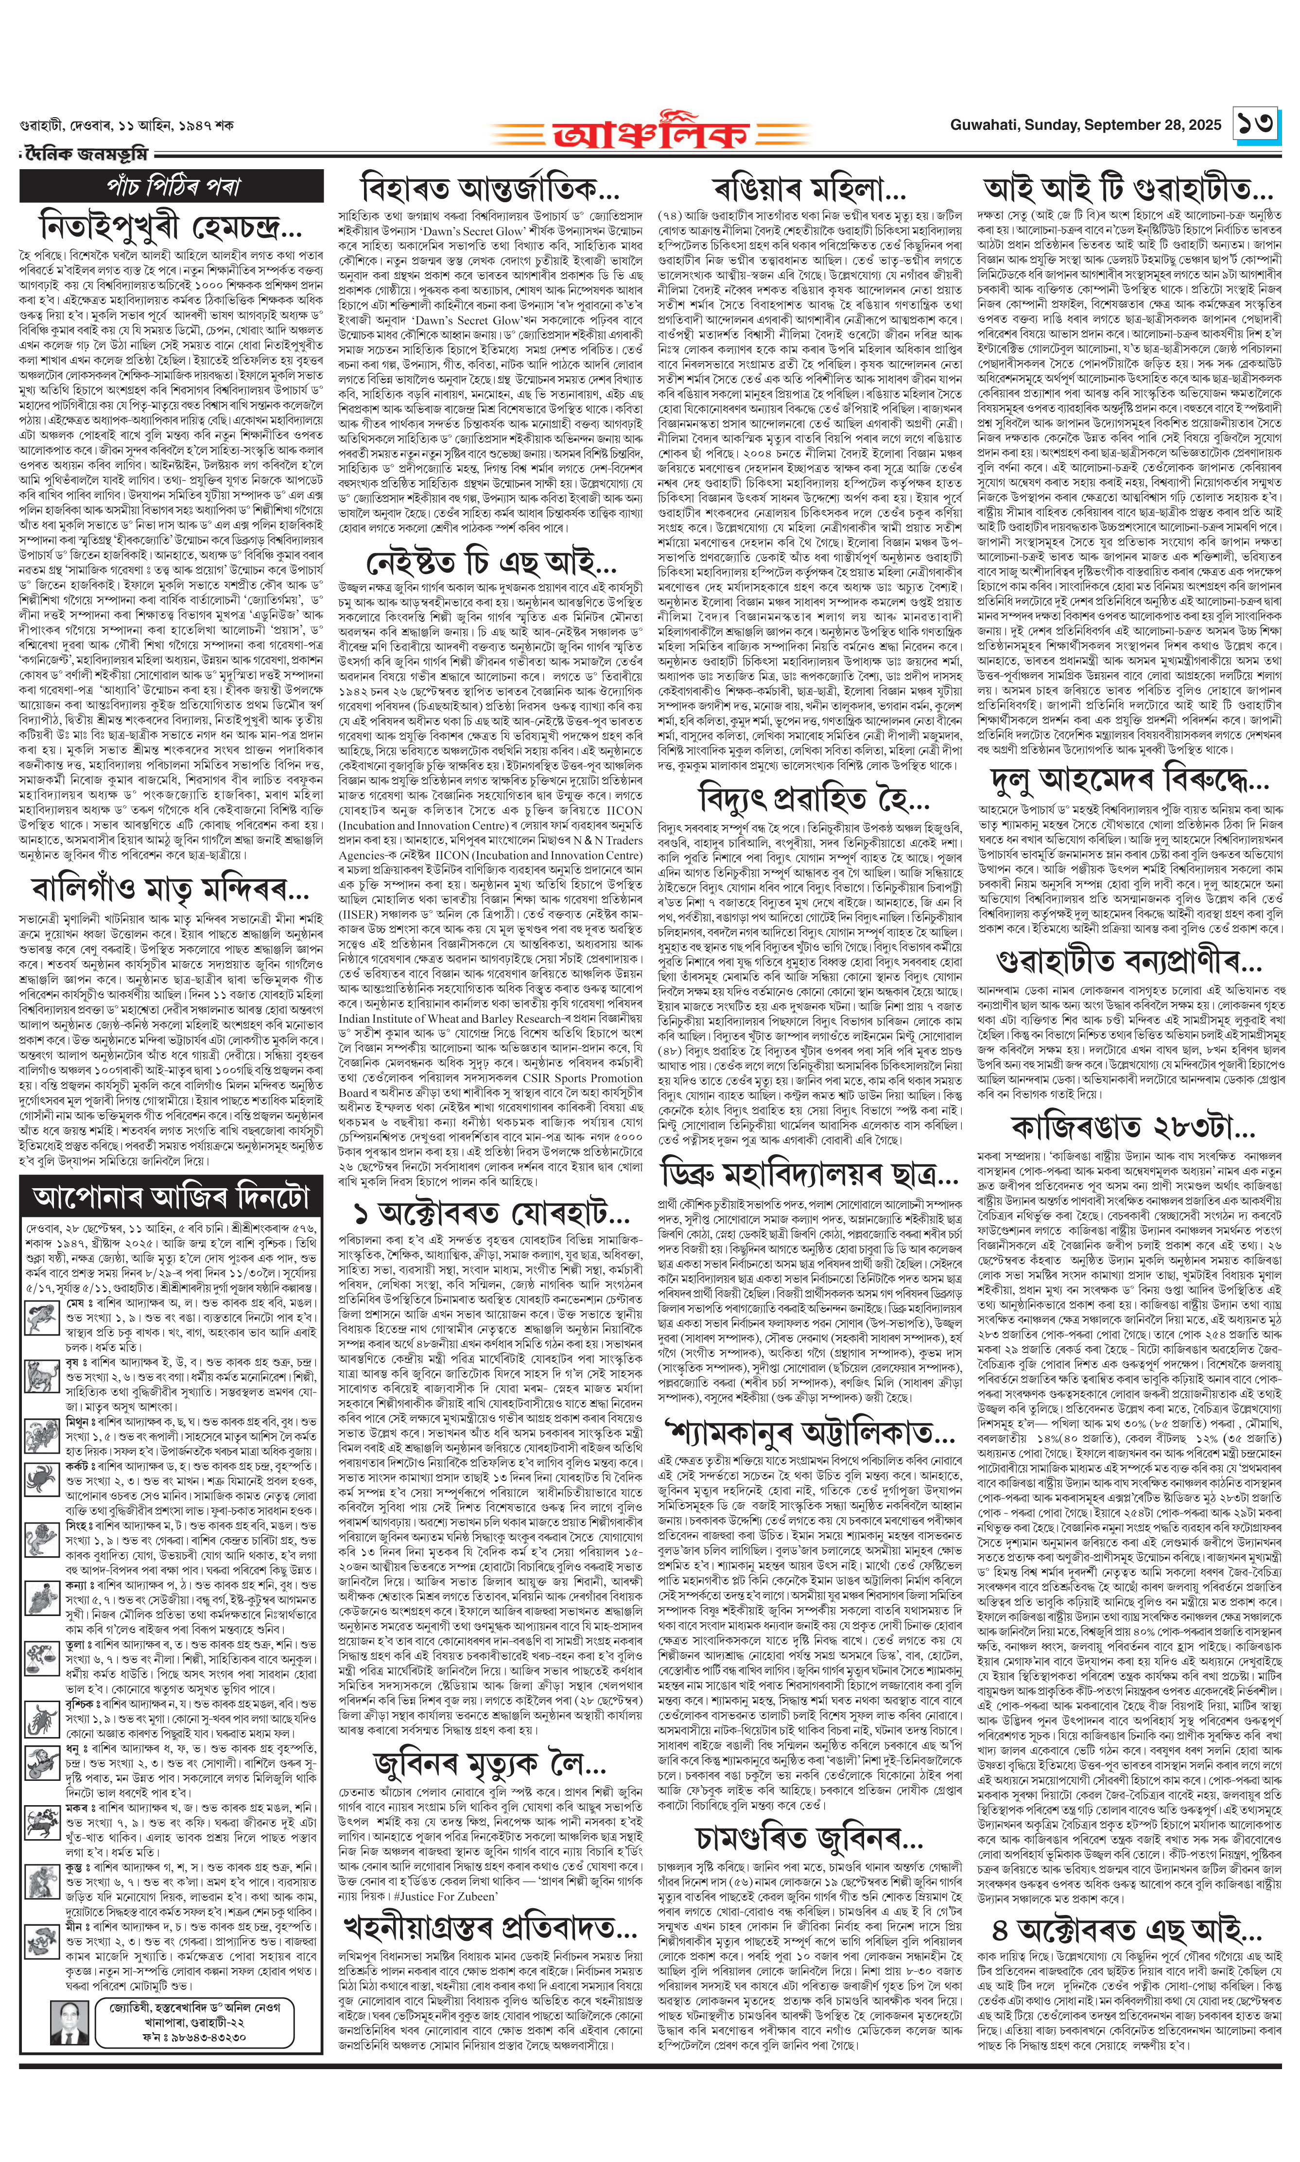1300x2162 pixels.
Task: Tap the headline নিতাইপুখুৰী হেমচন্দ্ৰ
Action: (x=171, y=226)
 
